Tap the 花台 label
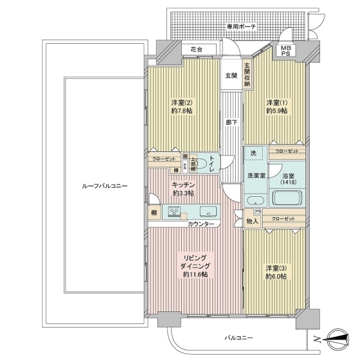click(196, 49)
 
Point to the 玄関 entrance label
click(231, 76)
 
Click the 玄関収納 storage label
click(247, 76)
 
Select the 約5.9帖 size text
click(277, 110)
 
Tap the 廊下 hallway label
click(230, 122)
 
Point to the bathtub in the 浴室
click(289, 197)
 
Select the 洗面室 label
click(257, 176)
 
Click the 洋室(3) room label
click(277, 268)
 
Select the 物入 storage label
click(253, 221)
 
